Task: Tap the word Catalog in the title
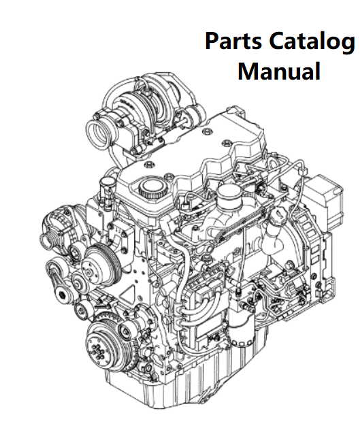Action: pos(312,42)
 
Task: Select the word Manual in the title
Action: pos(279,71)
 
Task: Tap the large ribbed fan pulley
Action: pos(101,265)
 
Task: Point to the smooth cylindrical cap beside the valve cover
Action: pos(229,195)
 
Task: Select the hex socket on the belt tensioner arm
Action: pos(63,295)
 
